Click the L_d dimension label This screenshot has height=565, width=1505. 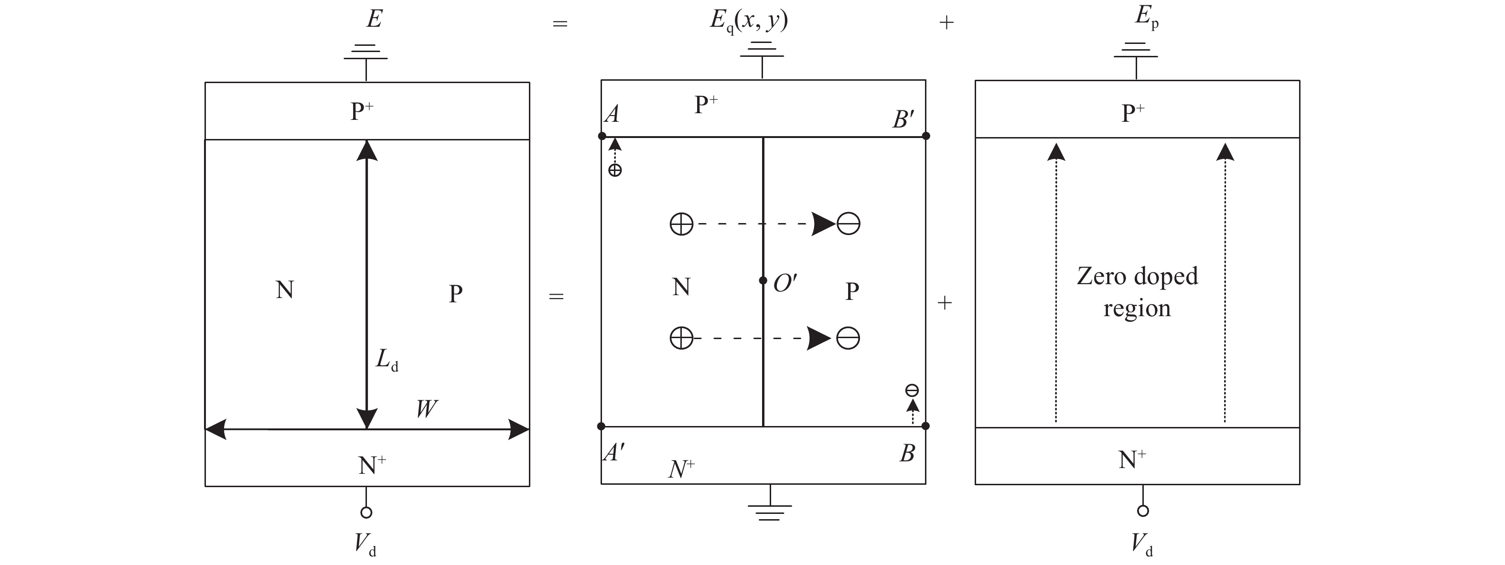386,360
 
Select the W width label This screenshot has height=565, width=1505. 427,408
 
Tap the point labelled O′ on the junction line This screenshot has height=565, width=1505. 763,280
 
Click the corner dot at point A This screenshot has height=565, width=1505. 602,136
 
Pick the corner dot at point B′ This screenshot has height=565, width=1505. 926,136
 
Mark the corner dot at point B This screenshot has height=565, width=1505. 925,426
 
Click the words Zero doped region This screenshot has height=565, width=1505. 1137,292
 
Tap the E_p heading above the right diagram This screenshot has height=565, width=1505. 1146,16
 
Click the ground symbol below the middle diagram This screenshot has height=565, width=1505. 770,511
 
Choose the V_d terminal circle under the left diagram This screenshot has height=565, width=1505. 366,513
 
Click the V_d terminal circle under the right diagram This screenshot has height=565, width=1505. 1143,511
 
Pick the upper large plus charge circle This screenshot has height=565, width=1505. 681,224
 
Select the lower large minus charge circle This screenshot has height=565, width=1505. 848,338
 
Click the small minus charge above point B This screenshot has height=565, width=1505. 912,390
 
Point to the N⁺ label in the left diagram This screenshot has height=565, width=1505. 372,466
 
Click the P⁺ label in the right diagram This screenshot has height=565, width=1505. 1133,113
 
